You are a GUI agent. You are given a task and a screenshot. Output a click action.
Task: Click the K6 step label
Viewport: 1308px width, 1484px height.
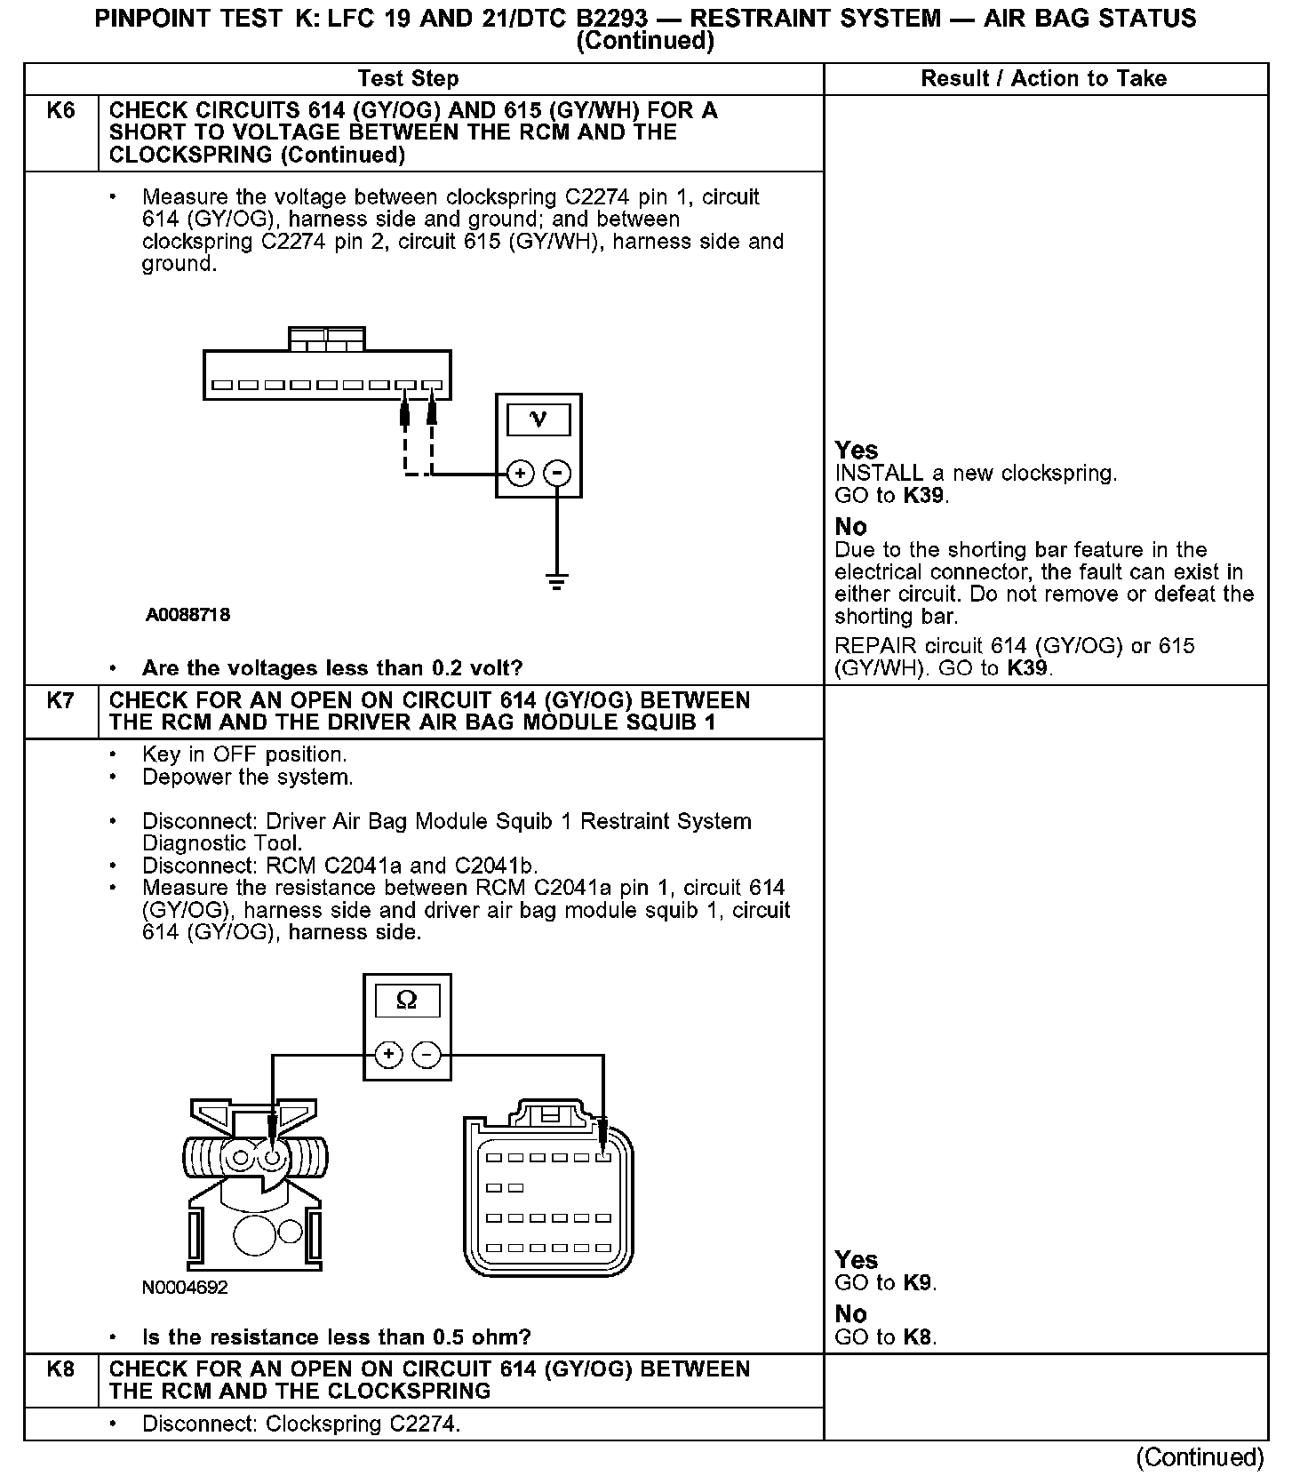60,111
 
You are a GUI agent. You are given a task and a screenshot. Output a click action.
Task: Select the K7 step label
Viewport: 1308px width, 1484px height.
60,701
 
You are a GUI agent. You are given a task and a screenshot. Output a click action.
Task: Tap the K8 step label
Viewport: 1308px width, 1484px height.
60,1369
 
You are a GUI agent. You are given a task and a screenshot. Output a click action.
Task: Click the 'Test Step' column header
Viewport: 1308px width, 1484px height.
408,79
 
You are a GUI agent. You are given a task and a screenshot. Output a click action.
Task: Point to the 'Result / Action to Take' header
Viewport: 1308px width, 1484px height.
1043,79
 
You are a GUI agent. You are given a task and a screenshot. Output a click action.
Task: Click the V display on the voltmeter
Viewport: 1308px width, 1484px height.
538,419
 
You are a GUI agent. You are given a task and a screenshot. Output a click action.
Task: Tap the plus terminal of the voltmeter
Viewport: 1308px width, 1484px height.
520,474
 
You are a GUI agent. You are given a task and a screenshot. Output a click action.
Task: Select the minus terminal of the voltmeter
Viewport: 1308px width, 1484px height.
557,474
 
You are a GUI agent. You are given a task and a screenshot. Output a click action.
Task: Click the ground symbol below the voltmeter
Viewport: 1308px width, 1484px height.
557,583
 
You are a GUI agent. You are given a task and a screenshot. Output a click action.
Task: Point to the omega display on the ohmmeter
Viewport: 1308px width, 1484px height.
407,1001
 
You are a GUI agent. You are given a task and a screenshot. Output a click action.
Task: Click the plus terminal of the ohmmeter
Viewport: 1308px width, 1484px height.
388,1055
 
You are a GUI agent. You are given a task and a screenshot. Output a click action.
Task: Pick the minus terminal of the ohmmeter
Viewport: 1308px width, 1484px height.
427,1055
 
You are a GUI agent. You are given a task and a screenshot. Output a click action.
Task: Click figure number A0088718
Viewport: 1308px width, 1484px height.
188,615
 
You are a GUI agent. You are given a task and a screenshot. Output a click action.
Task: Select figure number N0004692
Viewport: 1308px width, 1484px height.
185,1287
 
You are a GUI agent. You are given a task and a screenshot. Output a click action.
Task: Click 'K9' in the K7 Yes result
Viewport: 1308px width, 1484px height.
919,1283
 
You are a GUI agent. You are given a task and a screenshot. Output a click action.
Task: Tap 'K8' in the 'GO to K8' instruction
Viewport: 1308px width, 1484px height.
919,1336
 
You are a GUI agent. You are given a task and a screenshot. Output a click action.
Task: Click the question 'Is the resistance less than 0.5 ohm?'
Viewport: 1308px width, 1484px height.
337,1337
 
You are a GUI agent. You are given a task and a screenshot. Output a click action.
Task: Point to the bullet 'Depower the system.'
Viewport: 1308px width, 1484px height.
248,778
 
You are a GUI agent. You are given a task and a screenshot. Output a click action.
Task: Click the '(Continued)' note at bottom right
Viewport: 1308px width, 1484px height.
1200,1457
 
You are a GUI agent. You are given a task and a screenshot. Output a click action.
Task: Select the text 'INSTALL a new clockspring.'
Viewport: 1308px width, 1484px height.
976,473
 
